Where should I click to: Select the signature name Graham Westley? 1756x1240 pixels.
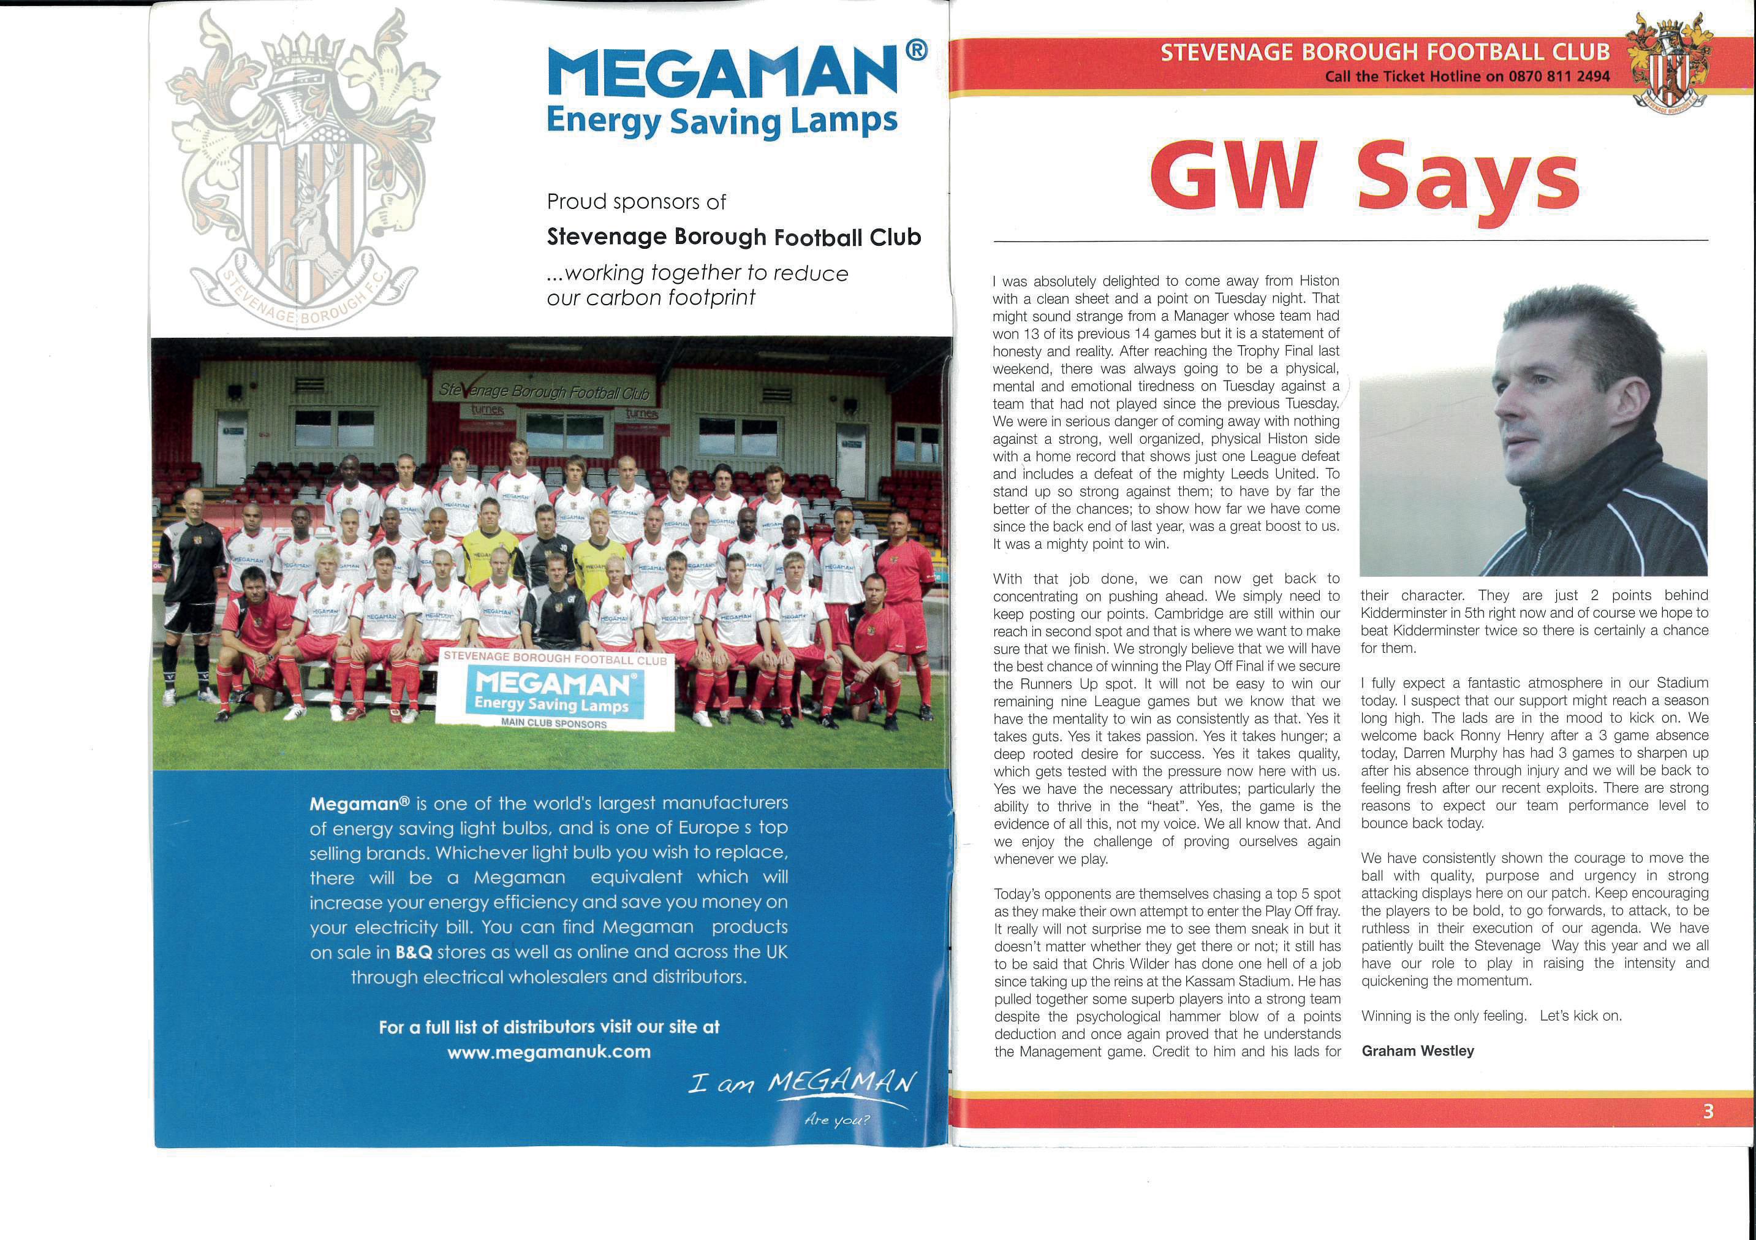[x=1418, y=1051]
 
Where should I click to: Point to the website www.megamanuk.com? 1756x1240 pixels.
[x=548, y=1052]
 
